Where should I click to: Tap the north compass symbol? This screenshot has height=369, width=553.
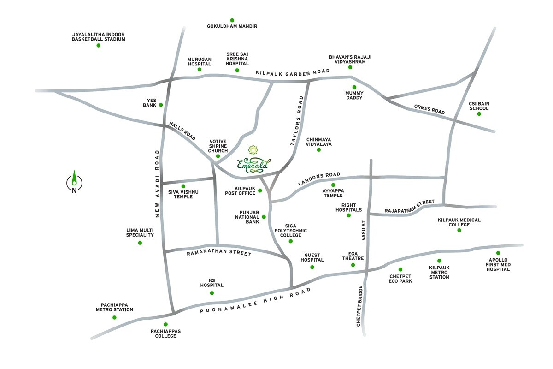pos(74,182)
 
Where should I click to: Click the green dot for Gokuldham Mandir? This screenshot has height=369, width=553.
pos(232,20)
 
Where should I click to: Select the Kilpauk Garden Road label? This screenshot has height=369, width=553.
pos(293,72)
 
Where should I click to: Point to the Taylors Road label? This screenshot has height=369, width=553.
pos(298,121)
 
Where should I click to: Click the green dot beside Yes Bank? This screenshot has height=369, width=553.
pos(161,105)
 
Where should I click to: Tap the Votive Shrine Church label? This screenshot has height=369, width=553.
pos(218,146)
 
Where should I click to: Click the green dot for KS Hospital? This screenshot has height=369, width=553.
pos(212,293)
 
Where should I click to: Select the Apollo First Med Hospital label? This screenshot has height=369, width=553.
pos(498,264)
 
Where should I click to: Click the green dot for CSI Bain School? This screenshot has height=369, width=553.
pos(479,114)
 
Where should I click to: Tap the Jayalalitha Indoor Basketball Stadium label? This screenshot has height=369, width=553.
pos(98,37)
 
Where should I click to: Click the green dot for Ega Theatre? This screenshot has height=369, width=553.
pos(353,265)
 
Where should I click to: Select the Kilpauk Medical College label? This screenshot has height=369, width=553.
pos(459,222)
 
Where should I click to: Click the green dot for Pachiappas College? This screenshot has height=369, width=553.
pos(165,324)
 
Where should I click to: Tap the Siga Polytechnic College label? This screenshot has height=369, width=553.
pos(290,230)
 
